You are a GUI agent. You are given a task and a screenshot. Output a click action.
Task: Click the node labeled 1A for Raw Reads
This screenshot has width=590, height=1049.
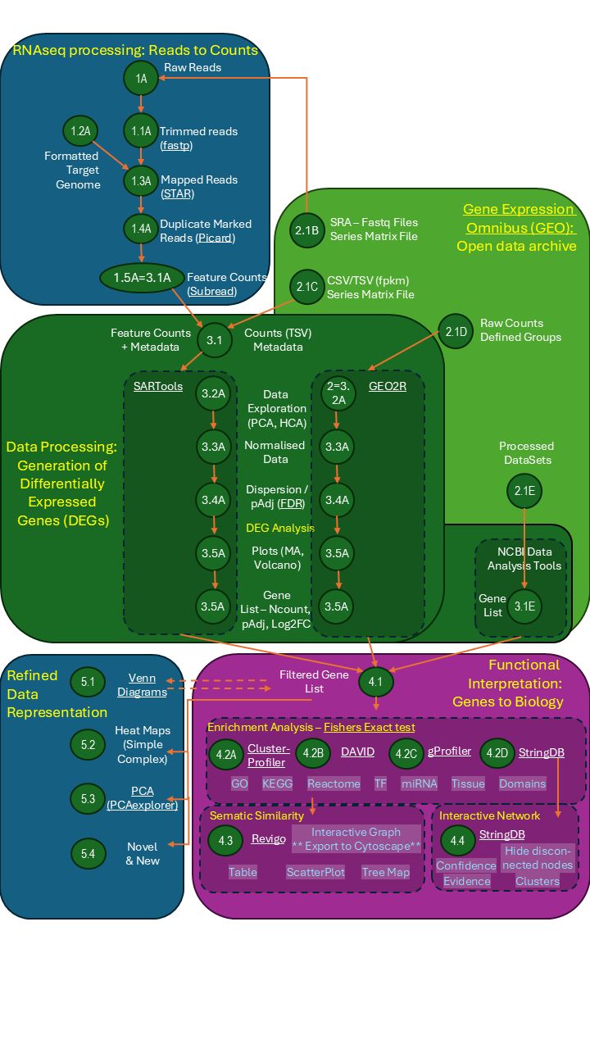141,79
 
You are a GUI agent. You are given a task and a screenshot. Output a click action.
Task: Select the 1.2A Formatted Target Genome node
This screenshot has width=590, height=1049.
80,131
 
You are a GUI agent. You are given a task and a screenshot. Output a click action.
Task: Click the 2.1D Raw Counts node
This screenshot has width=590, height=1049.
456,331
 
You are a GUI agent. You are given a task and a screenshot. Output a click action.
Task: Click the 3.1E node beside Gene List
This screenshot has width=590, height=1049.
524,606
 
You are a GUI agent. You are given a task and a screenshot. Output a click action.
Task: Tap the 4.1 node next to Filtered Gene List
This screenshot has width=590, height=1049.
376,680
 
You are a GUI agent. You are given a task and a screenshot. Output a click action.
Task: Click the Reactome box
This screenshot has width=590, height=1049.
334,783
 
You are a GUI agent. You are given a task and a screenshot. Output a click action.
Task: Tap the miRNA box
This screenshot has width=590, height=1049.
419,783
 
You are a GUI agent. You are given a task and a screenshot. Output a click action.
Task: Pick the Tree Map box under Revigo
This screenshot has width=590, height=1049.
385,872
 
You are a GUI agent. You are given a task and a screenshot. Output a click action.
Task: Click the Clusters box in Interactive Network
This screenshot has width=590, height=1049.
537,881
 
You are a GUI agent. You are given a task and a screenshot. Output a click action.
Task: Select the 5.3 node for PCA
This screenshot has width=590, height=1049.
88,797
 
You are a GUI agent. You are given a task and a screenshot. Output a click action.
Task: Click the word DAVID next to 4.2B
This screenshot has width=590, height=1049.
357,752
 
